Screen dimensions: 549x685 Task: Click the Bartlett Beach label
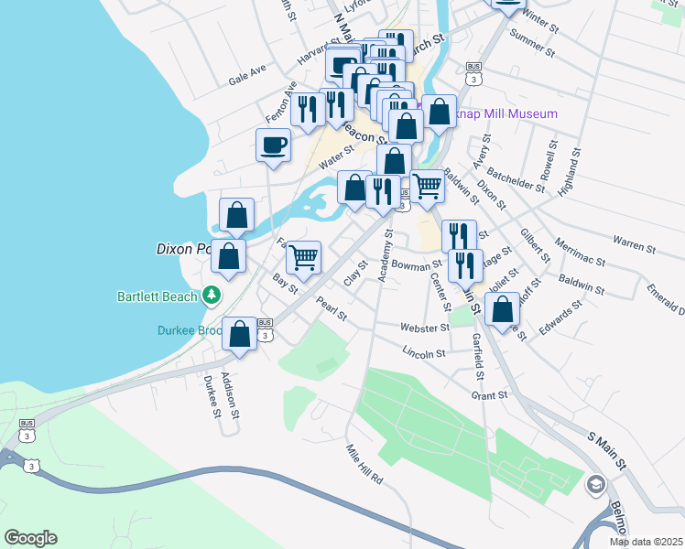(157, 296)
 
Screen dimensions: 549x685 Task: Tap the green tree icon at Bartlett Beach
(212, 295)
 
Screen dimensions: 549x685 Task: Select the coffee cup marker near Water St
(274, 145)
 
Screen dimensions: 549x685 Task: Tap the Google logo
(30, 538)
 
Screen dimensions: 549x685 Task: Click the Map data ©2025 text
(646, 542)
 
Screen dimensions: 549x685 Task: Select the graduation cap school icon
(596, 484)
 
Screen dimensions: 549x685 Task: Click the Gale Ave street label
(247, 74)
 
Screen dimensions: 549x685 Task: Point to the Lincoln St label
(423, 351)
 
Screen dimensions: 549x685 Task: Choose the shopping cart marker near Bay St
(303, 257)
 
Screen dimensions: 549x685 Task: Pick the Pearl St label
(331, 308)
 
